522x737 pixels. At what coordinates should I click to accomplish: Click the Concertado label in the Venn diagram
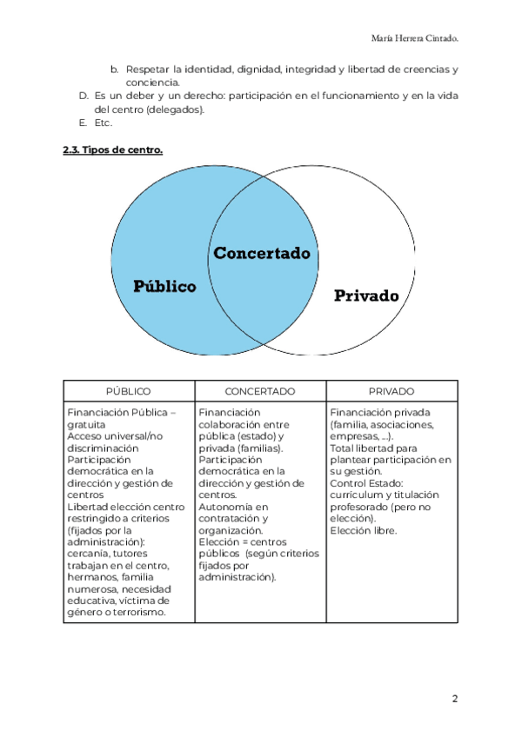(262, 254)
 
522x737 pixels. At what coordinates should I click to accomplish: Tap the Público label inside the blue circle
(164, 286)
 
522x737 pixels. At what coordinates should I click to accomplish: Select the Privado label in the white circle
(366, 295)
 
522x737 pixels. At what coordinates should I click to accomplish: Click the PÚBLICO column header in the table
(128, 391)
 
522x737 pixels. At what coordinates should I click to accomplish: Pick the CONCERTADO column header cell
(260, 391)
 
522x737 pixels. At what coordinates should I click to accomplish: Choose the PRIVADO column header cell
(391, 391)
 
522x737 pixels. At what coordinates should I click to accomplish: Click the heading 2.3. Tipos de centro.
(112, 150)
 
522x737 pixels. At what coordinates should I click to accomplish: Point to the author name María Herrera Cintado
(414, 38)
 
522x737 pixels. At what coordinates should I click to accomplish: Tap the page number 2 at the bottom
(454, 698)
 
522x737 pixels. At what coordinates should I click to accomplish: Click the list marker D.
(84, 96)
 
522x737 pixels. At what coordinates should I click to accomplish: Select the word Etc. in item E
(104, 123)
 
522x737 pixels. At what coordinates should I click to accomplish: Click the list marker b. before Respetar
(114, 69)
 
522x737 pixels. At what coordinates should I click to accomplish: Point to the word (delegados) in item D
(177, 110)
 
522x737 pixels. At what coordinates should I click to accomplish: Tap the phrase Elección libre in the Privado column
(364, 530)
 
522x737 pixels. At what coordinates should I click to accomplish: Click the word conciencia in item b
(151, 83)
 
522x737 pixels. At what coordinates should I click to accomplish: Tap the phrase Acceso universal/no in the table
(114, 436)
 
